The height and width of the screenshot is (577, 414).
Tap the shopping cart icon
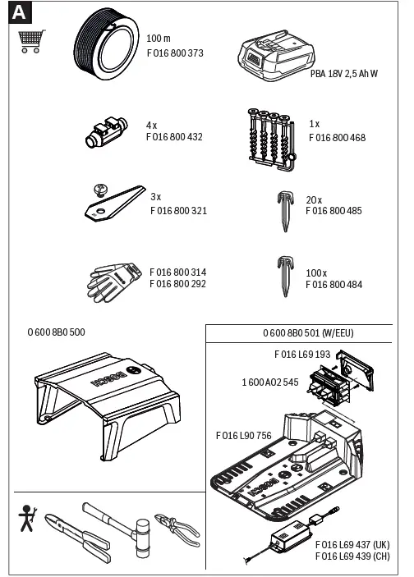tap(31, 41)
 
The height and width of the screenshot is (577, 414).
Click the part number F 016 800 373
tap(174, 53)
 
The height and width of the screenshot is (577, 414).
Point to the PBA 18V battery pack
tap(272, 57)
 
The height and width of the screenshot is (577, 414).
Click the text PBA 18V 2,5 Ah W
tap(343, 74)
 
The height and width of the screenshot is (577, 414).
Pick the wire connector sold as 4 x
tap(104, 131)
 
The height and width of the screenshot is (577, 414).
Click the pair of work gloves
tap(115, 279)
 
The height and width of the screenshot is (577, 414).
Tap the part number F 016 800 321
tap(178, 211)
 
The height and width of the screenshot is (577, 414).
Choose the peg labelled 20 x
tap(283, 206)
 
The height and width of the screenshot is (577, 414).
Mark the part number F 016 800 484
tap(333, 285)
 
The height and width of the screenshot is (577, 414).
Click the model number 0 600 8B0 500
tap(56, 332)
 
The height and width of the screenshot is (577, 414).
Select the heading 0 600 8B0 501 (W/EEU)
tap(308, 333)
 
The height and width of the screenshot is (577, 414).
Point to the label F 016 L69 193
tap(301, 355)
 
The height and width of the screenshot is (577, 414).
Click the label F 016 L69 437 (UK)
tap(352, 545)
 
